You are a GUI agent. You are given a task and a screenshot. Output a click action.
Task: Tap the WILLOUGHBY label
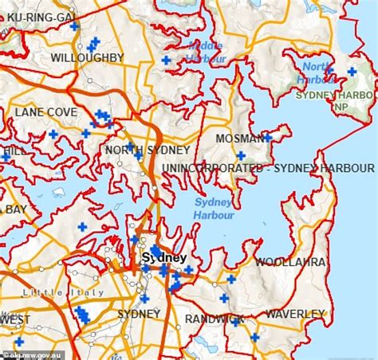87,58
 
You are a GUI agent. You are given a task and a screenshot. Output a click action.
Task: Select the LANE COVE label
45,112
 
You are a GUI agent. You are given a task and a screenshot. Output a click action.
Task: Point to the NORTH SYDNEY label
148,151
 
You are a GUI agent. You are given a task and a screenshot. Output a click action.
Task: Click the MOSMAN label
239,139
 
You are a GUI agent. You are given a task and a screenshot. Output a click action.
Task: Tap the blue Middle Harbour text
206,51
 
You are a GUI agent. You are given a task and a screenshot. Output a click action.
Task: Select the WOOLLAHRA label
290,261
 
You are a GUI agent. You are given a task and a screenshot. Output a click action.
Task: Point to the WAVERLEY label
296,315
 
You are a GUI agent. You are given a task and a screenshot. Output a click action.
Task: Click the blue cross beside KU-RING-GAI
74,26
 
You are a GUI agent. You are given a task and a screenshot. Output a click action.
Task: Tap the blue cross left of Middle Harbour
166,60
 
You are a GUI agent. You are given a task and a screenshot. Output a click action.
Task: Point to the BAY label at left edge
15,210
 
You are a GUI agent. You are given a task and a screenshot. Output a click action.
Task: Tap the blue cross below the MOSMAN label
240,155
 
